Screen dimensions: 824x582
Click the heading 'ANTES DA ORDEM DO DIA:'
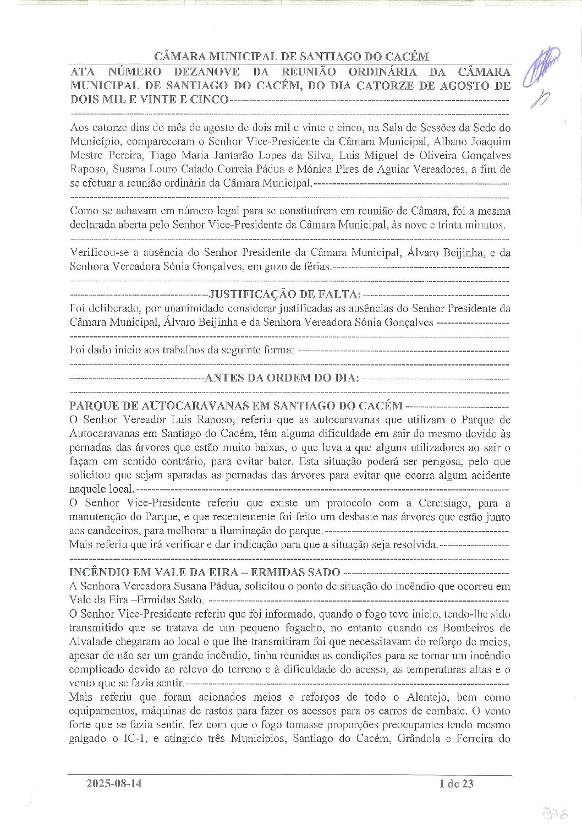[x=282, y=378]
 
